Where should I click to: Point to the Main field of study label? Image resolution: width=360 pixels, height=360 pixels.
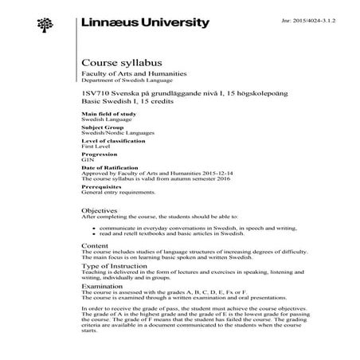point(104,114)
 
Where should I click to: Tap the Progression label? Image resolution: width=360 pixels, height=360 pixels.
point(98,155)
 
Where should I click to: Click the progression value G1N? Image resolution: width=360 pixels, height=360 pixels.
point(88,160)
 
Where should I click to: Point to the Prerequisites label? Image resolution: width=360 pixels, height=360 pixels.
point(99,187)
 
